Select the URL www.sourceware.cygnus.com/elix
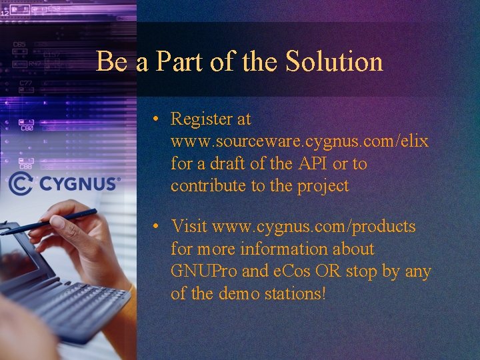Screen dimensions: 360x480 pyautogui.click(x=299, y=141)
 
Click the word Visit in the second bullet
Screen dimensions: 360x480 pyautogui.click(x=189, y=227)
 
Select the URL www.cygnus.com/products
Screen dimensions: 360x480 pyautogui.click(x=314, y=227)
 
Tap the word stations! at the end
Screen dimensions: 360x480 pyautogui.click(x=296, y=293)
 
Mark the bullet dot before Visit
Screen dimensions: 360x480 pyautogui.click(x=154, y=227)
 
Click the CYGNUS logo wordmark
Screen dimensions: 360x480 pyautogui.click(x=79, y=183)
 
